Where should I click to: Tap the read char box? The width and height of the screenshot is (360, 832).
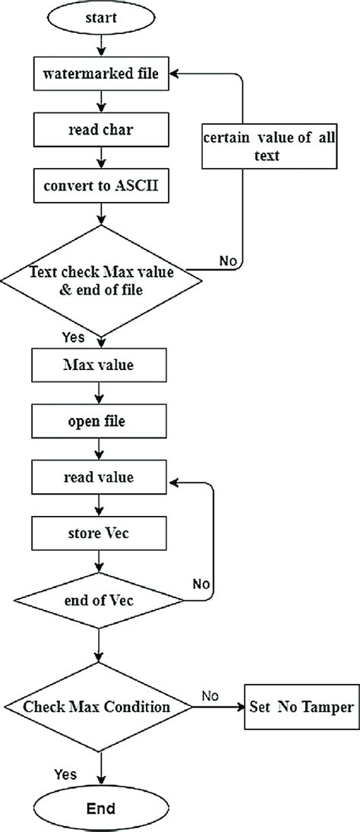(99, 129)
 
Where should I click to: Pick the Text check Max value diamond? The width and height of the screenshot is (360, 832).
(99, 279)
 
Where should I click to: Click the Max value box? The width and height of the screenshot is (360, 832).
(99, 365)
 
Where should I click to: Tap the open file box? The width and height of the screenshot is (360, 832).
(99, 420)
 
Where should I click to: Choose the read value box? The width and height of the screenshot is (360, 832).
(99, 478)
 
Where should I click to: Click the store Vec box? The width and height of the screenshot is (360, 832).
(99, 533)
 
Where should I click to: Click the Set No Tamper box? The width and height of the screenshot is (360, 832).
(301, 707)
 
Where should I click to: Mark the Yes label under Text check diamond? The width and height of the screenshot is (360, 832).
(74, 337)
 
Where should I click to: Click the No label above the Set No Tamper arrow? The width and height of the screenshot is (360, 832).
(212, 694)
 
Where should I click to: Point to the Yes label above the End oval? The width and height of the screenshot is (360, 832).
(65, 773)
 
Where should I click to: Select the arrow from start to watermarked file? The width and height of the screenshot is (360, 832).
(99, 47)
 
